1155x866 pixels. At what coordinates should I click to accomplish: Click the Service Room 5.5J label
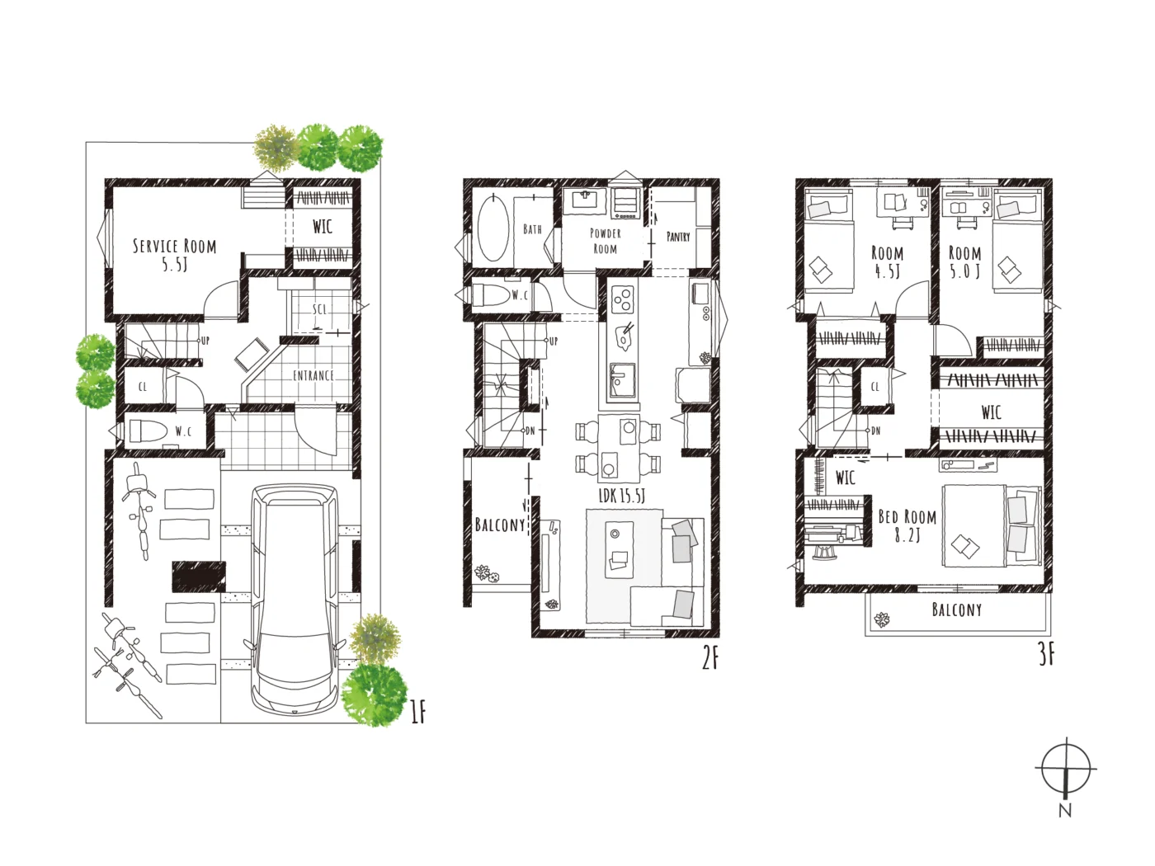(x=174, y=255)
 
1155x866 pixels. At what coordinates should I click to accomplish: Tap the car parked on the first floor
(x=295, y=599)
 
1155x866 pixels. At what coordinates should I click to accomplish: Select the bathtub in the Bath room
(x=493, y=227)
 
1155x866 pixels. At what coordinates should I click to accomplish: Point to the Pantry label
(x=678, y=237)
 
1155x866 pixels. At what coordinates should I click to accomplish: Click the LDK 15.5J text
(x=621, y=496)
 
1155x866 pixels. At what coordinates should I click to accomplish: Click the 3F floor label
(x=1047, y=655)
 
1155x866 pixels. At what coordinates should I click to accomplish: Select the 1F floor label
(x=417, y=713)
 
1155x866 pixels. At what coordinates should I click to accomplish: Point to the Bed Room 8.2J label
(x=907, y=525)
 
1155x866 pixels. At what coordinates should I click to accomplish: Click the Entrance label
(x=313, y=375)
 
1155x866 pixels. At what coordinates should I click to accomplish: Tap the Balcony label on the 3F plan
(x=957, y=609)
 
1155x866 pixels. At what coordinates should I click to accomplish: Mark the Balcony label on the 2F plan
(x=500, y=525)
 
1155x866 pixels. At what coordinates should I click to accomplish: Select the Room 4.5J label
(x=887, y=261)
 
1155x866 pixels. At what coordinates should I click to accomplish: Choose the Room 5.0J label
(x=965, y=261)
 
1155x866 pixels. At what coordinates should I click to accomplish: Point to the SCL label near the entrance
(x=320, y=310)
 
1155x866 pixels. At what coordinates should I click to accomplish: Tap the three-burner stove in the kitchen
(x=624, y=300)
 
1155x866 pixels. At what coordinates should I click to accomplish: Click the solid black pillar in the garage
(x=199, y=577)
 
